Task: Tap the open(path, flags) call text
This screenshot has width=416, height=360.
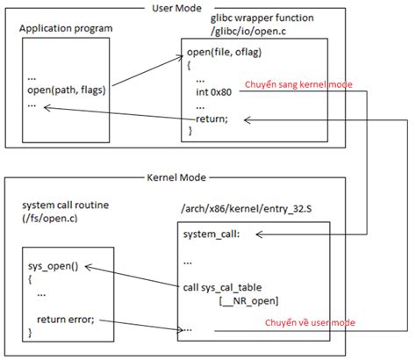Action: [x=61, y=89]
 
